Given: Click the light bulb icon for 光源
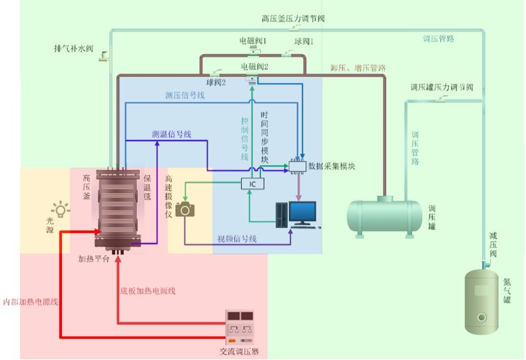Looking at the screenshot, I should click(x=61, y=210).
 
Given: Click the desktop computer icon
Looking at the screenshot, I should click(x=296, y=214).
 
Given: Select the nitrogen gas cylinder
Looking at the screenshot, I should click(x=483, y=297).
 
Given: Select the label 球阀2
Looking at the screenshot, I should click(x=216, y=83).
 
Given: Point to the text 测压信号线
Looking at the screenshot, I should click(x=184, y=95).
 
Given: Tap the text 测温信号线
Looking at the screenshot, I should click(x=172, y=134).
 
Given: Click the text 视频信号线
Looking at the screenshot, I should click(x=237, y=239).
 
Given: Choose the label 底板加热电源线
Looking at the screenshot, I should click(x=147, y=291).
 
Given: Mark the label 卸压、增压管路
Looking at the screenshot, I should click(x=358, y=68).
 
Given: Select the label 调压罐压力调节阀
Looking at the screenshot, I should click(x=441, y=87).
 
